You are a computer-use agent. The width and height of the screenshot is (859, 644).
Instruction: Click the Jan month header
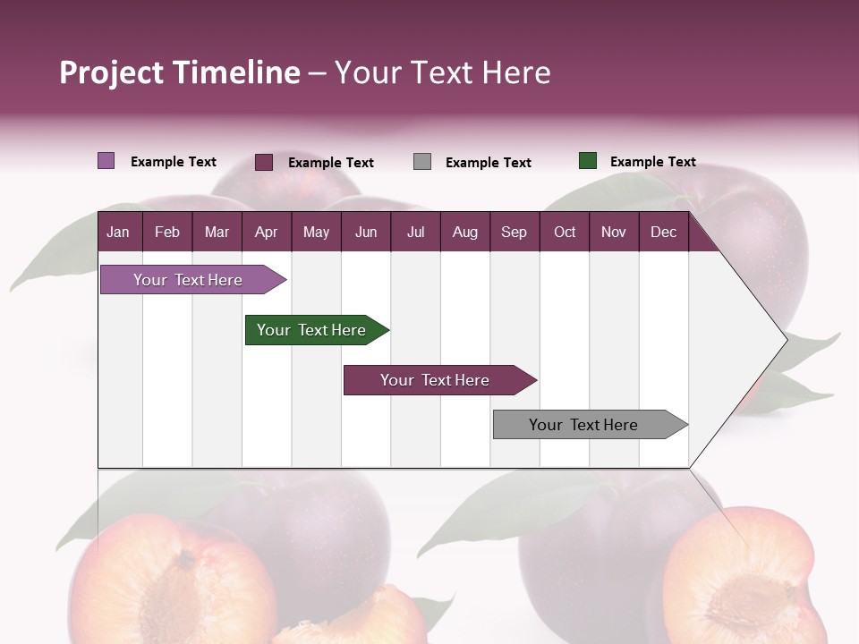tap(118, 233)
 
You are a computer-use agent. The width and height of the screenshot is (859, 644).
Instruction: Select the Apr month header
tap(266, 233)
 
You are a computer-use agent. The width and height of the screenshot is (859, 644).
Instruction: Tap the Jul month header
tap(415, 233)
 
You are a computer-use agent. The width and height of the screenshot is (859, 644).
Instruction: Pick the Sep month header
tap(514, 233)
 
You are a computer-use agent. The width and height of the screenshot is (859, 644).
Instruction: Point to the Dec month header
tap(663, 233)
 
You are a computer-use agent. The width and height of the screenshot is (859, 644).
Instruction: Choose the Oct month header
tap(565, 233)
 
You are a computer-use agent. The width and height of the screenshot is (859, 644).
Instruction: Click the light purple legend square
tap(106, 161)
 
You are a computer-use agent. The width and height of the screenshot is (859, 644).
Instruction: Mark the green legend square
tap(588, 161)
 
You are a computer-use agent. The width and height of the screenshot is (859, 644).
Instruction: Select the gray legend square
tap(422, 162)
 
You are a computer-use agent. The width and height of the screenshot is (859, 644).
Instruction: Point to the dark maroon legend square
tap(264, 162)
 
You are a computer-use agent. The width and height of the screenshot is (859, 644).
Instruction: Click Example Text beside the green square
tap(652, 162)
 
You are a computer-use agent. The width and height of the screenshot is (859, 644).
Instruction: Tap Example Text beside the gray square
tap(488, 163)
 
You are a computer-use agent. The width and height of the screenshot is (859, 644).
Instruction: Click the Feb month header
tap(167, 233)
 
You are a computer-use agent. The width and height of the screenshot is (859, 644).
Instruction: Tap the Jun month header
tap(366, 233)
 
